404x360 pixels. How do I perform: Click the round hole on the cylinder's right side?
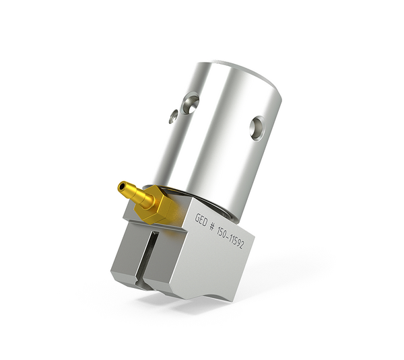coord(257,127)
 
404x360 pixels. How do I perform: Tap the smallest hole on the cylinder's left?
coord(173,116)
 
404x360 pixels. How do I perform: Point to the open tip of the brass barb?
coord(121,186)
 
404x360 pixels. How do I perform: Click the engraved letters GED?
coord(201,219)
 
